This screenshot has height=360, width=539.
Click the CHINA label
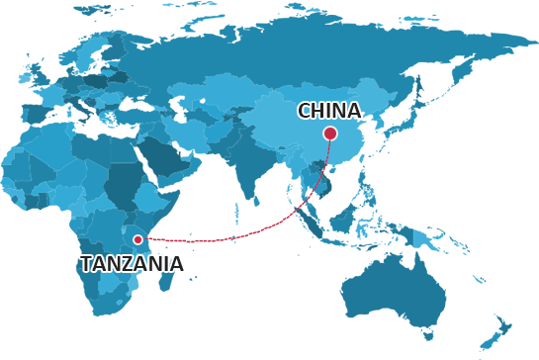tap(328, 111)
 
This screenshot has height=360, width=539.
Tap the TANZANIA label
tap(132, 263)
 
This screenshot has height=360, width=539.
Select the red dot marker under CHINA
tap(330, 134)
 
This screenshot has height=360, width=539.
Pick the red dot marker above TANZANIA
tap(138, 239)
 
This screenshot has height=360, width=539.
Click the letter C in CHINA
tap(305, 111)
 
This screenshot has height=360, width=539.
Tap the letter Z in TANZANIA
tap(139, 263)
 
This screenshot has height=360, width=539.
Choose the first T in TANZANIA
tap(86, 263)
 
